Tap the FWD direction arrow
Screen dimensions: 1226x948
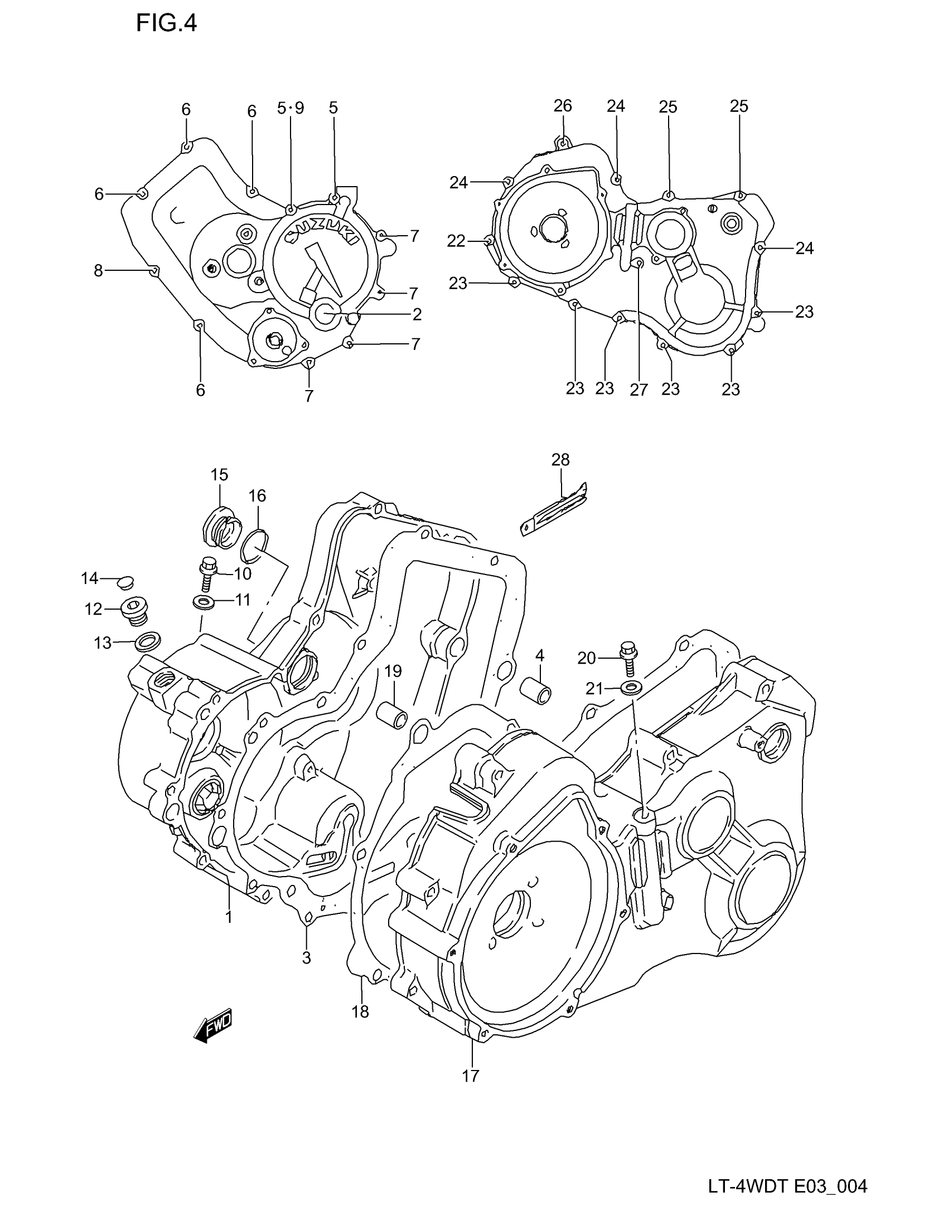point(213,1026)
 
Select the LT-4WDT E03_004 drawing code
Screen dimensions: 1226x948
point(787,1186)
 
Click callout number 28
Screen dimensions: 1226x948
point(560,460)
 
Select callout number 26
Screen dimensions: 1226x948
point(563,105)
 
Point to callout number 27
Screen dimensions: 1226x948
point(639,389)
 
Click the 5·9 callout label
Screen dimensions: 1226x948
point(291,108)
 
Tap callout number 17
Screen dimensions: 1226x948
point(471,1076)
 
